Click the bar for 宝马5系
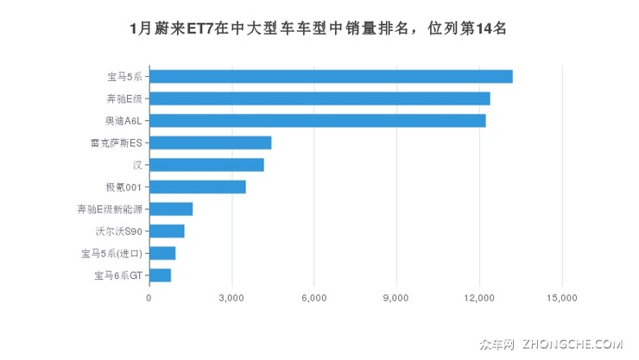pos(331,77)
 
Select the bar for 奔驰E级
pos(319,98)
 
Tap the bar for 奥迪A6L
pos(318,121)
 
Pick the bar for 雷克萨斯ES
pos(211,142)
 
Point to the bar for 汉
pos(206,165)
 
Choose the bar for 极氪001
pos(198,186)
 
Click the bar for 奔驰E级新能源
pos(171,209)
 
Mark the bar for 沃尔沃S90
pos(167,231)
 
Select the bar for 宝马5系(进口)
pos(162,253)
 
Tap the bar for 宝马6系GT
pos(161,275)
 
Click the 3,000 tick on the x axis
pos(231,298)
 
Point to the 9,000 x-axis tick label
pos(396,298)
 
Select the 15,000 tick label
pos(561,298)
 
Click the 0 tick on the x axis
pos(149,298)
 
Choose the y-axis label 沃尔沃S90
pos(119,231)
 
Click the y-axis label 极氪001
pos(123,186)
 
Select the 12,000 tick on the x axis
pos(478,298)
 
